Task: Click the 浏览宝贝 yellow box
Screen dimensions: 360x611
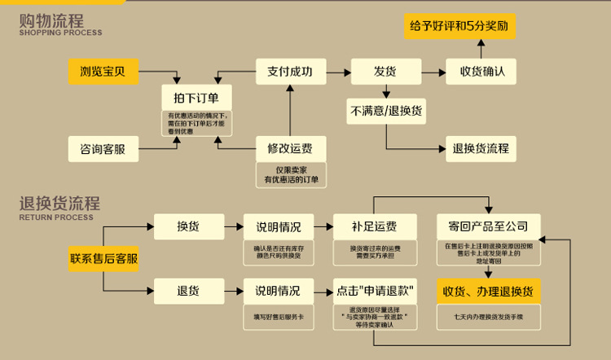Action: [x=103, y=72]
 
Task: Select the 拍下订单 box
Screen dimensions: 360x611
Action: [x=196, y=95]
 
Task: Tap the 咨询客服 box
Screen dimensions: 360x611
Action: [x=103, y=149]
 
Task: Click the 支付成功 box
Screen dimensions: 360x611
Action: [x=290, y=72]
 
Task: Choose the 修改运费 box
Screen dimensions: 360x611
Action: [x=290, y=149]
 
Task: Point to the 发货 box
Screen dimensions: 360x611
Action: [x=385, y=72]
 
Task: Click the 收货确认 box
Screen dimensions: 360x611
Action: [x=481, y=72]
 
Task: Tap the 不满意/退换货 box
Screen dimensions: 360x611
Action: [x=386, y=111]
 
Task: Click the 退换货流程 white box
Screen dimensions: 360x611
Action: [x=481, y=148]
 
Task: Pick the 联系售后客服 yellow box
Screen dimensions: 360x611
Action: [x=103, y=260]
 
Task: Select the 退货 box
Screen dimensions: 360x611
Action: [x=188, y=290]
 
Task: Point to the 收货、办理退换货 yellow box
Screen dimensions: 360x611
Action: [x=488, y=291]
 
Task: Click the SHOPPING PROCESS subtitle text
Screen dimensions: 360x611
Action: [x=60, y=33]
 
